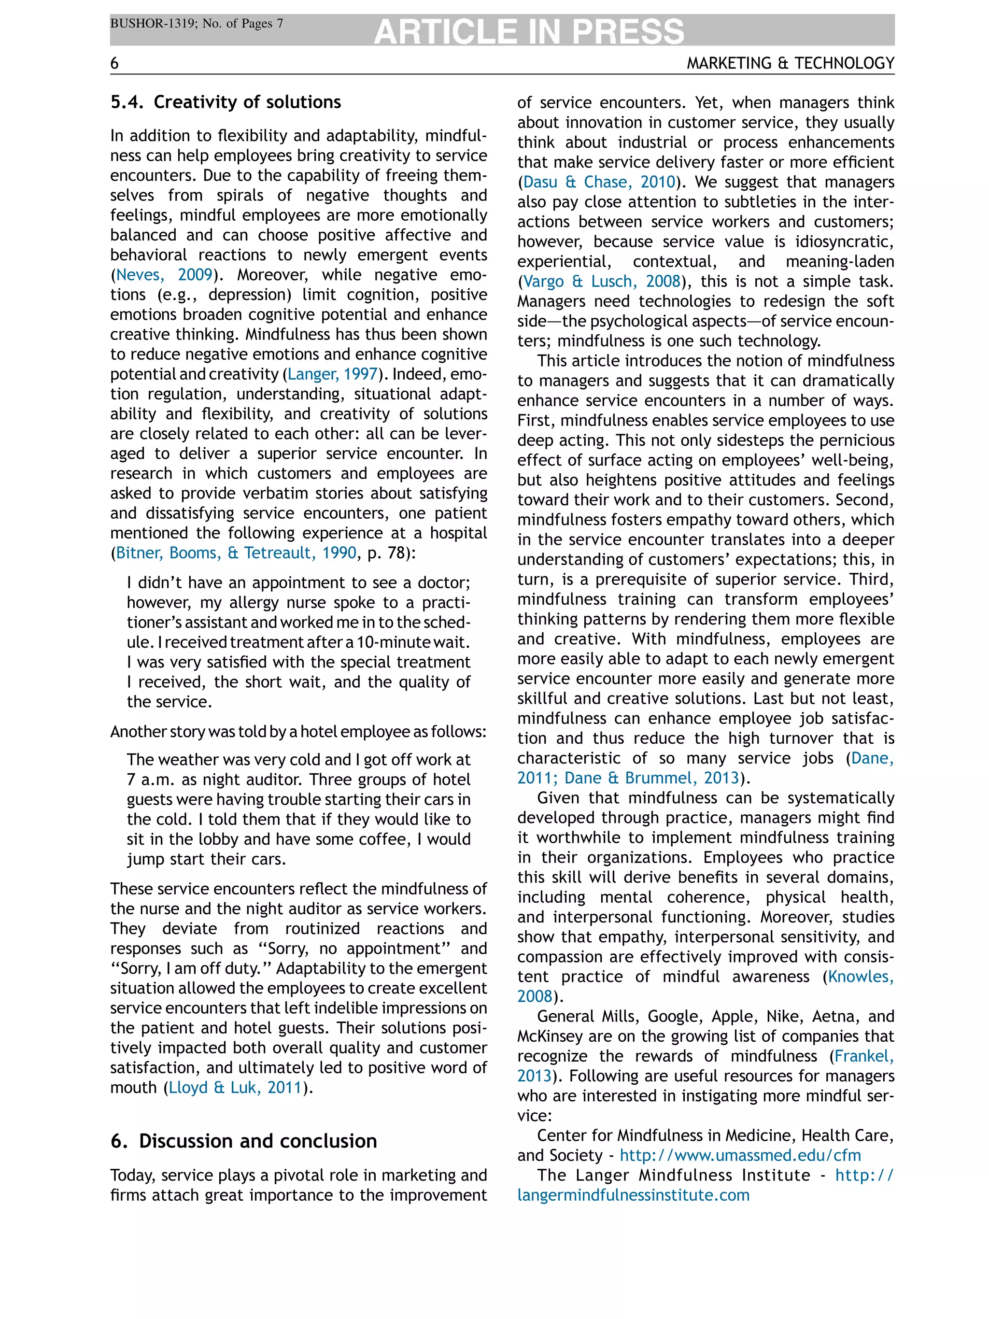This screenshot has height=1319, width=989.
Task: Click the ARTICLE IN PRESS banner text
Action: click(x=528, y=31)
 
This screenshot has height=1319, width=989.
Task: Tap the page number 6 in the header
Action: click(x=114, y=63)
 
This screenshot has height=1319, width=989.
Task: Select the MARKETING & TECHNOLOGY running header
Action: click(x=790, y=63)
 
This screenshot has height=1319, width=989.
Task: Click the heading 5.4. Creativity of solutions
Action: click(x=226, y=102)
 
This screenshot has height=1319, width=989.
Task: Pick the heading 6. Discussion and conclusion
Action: click(x=244, y=1141)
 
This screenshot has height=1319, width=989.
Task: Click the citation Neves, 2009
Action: click(x=164, y=275)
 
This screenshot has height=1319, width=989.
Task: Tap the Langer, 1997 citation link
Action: click(x=333, y=374)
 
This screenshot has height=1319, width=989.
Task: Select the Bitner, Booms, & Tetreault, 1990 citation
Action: click(x=236, y=553)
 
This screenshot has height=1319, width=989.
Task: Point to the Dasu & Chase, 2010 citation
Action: click(x=599, y=182)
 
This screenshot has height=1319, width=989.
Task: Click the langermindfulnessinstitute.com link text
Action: click(x=633, y=1195)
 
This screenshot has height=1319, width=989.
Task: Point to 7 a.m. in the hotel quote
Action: click(x=152, y=780)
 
